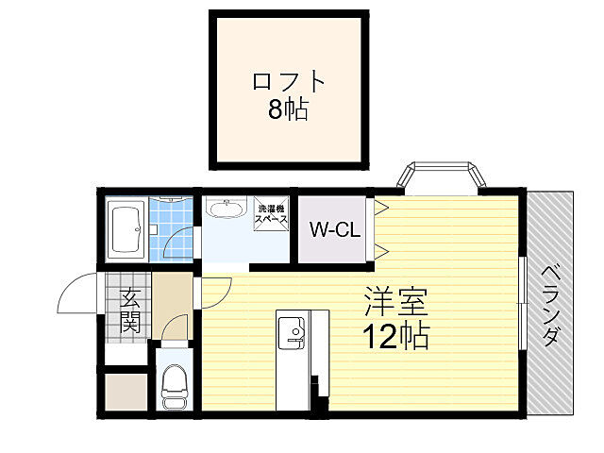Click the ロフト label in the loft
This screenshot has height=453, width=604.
click(x=288, y=81)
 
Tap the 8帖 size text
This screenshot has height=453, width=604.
click(x=288, y=109)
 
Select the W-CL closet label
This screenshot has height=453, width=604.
click(x=332, y=229)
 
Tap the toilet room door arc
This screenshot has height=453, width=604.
click(x=173, y=330)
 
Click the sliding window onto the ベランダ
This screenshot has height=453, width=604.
click(x=524, y=302)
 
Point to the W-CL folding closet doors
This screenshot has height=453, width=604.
click(x=380, y=229)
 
